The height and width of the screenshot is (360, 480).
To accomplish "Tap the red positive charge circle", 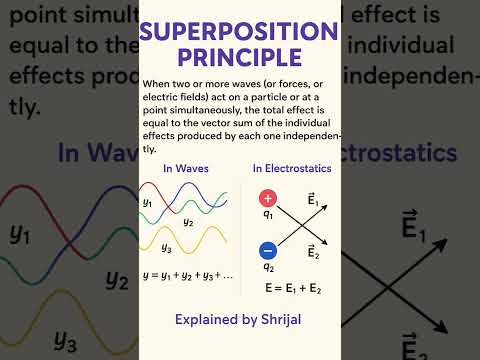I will tap(267, 200).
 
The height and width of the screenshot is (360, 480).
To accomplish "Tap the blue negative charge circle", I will tap(267, 251).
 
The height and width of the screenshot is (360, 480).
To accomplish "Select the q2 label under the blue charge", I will tap(267, 268).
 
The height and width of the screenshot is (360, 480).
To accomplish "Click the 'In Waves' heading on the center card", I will tap(186, 167).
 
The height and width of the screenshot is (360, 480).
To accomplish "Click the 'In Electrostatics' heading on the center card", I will tap(292, 167).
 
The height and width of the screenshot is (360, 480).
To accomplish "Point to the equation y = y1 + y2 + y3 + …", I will tap(188, 274).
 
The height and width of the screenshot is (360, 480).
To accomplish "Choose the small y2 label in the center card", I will tap(188, 222).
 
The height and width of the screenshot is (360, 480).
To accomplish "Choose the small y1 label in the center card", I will tap(148, 203).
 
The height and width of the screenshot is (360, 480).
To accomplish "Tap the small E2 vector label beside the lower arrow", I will tap(314, 252).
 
